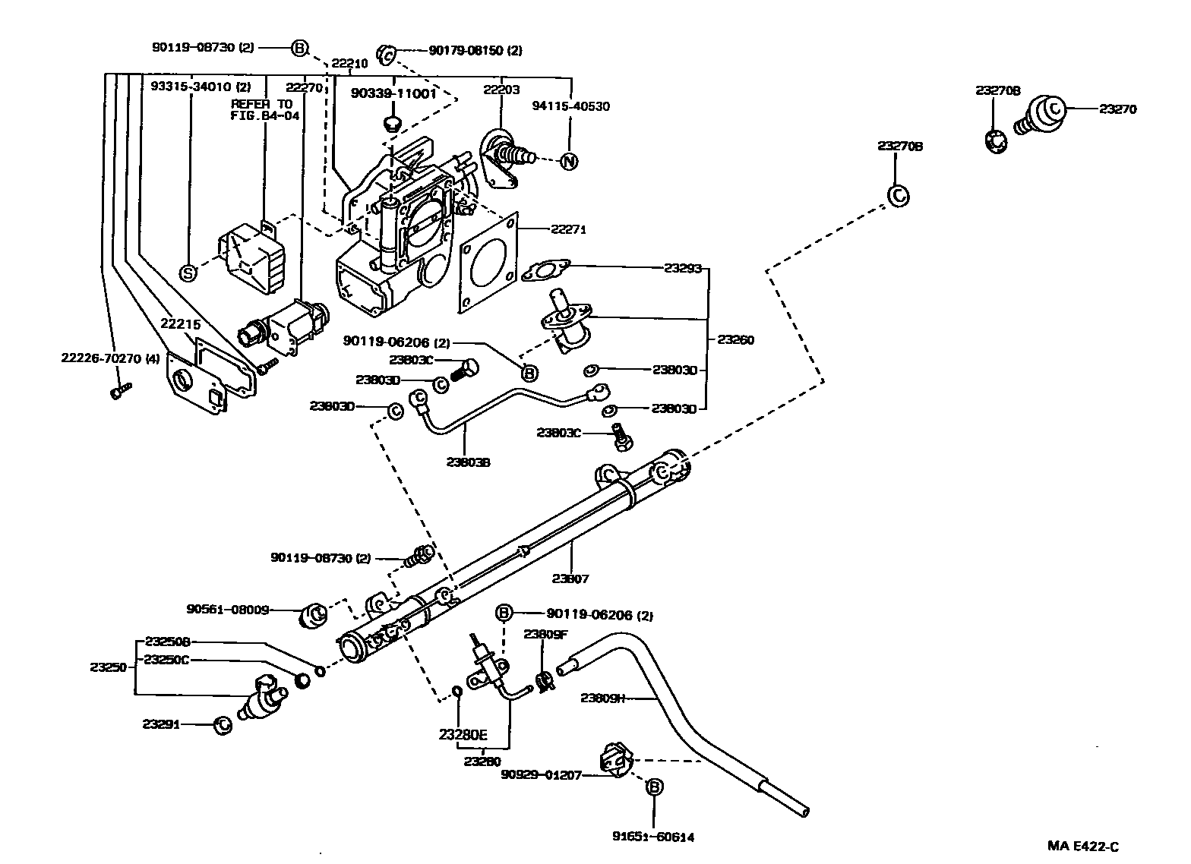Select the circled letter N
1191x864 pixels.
point(568,161)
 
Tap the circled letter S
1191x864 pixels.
point(187,273)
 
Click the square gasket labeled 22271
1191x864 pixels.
point(488,262)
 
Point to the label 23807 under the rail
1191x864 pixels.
point(570,579)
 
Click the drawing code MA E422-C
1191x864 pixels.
point(1084,847)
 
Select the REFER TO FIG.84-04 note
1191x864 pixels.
point(265,110)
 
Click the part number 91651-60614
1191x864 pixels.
point(653,837)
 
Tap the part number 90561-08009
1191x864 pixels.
point(228,609)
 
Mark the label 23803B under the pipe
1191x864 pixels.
point(468,461)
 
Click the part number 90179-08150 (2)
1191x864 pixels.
point(475,51)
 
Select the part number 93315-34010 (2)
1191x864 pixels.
point(190,87)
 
